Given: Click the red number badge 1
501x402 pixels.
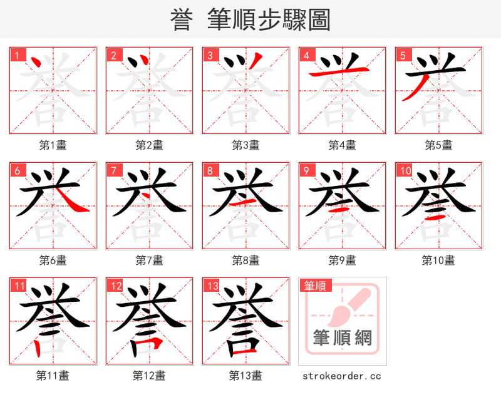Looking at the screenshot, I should tap(16, 55).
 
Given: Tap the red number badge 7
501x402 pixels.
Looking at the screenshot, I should tap(113, 170).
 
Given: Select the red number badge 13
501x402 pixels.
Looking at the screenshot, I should tap(210, 286).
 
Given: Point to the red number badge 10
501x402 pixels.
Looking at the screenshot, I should tap(404, 170).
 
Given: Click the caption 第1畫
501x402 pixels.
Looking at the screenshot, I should tap(53, 145).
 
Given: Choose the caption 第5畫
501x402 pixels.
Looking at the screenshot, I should tap(438, 145).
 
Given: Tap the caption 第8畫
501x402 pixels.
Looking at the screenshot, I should tap(245, 260).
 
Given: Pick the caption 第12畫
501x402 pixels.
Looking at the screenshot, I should tap(149, 376).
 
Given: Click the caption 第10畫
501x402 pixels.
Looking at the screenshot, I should tap(438, 260).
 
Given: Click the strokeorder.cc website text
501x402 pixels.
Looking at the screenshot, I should tap(341, 376).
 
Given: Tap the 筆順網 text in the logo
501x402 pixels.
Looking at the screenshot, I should tap(343, 338).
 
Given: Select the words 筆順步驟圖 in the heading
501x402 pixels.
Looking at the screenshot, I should tap(269, 19).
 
